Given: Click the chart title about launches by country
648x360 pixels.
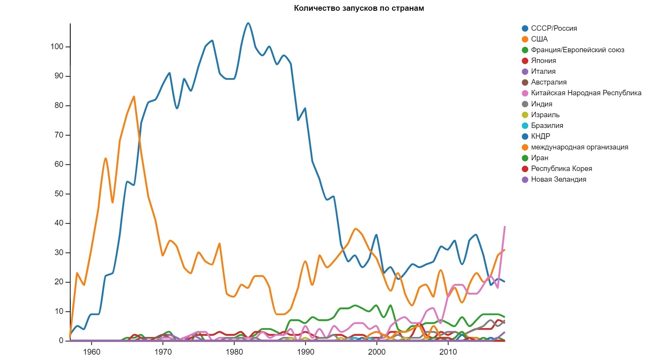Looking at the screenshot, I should click(359, 8).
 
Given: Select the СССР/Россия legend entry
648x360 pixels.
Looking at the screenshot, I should click(554, 28).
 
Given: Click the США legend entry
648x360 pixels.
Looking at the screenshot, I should click(539, 39).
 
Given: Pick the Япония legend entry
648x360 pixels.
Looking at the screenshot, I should click(543, 61).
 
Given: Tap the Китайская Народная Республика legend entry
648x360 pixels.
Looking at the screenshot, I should click(586, 93).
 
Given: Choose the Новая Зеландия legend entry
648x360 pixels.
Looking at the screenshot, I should click(558, 179).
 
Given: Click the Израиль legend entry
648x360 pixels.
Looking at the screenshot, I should click(545, 115).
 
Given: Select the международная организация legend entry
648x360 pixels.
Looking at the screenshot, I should click(579, 147).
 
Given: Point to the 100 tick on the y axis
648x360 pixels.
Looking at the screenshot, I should click(57, 47).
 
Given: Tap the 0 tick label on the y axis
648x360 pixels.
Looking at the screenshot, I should click(61, 341).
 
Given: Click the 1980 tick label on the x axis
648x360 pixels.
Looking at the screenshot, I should click(234, 352).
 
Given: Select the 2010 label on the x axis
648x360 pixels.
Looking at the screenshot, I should click(448, 352).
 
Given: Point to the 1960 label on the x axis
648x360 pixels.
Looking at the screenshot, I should click(91, 352).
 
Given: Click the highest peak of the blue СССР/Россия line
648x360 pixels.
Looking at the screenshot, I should click(248, 23).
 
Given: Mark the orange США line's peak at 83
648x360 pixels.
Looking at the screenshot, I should click(134, 96).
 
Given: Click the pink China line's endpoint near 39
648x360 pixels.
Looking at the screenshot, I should click(505, 227).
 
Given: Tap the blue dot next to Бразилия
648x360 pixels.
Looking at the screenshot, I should click(525, 126).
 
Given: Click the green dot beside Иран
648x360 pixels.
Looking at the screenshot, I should click(525, 158).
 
